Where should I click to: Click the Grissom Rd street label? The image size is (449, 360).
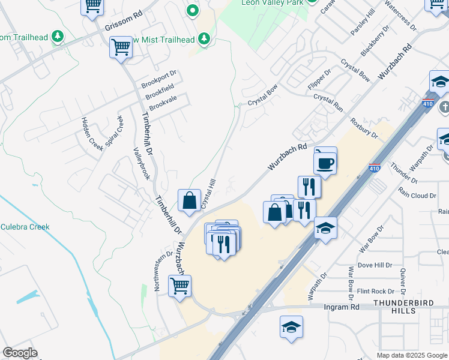click(x=124, y=23)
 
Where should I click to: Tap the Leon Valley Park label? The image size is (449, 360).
click(x=273, y=2)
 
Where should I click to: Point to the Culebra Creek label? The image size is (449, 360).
click(x=25, y=227)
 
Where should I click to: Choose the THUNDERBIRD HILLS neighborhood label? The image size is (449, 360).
click(x=403, y=307)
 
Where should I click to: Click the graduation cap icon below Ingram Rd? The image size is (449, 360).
click(x=292, y=327)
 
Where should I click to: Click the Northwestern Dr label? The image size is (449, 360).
click(x=159, y=271)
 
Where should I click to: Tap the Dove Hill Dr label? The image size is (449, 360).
click(x=375, y=265)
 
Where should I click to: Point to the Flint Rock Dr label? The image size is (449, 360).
click(x=375, y=291)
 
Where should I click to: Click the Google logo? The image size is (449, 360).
click(x=20, y=353)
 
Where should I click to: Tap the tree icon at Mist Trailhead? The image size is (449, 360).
click(x=205, y=39)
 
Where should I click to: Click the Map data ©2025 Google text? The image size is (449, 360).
click(x=412, y=355)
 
